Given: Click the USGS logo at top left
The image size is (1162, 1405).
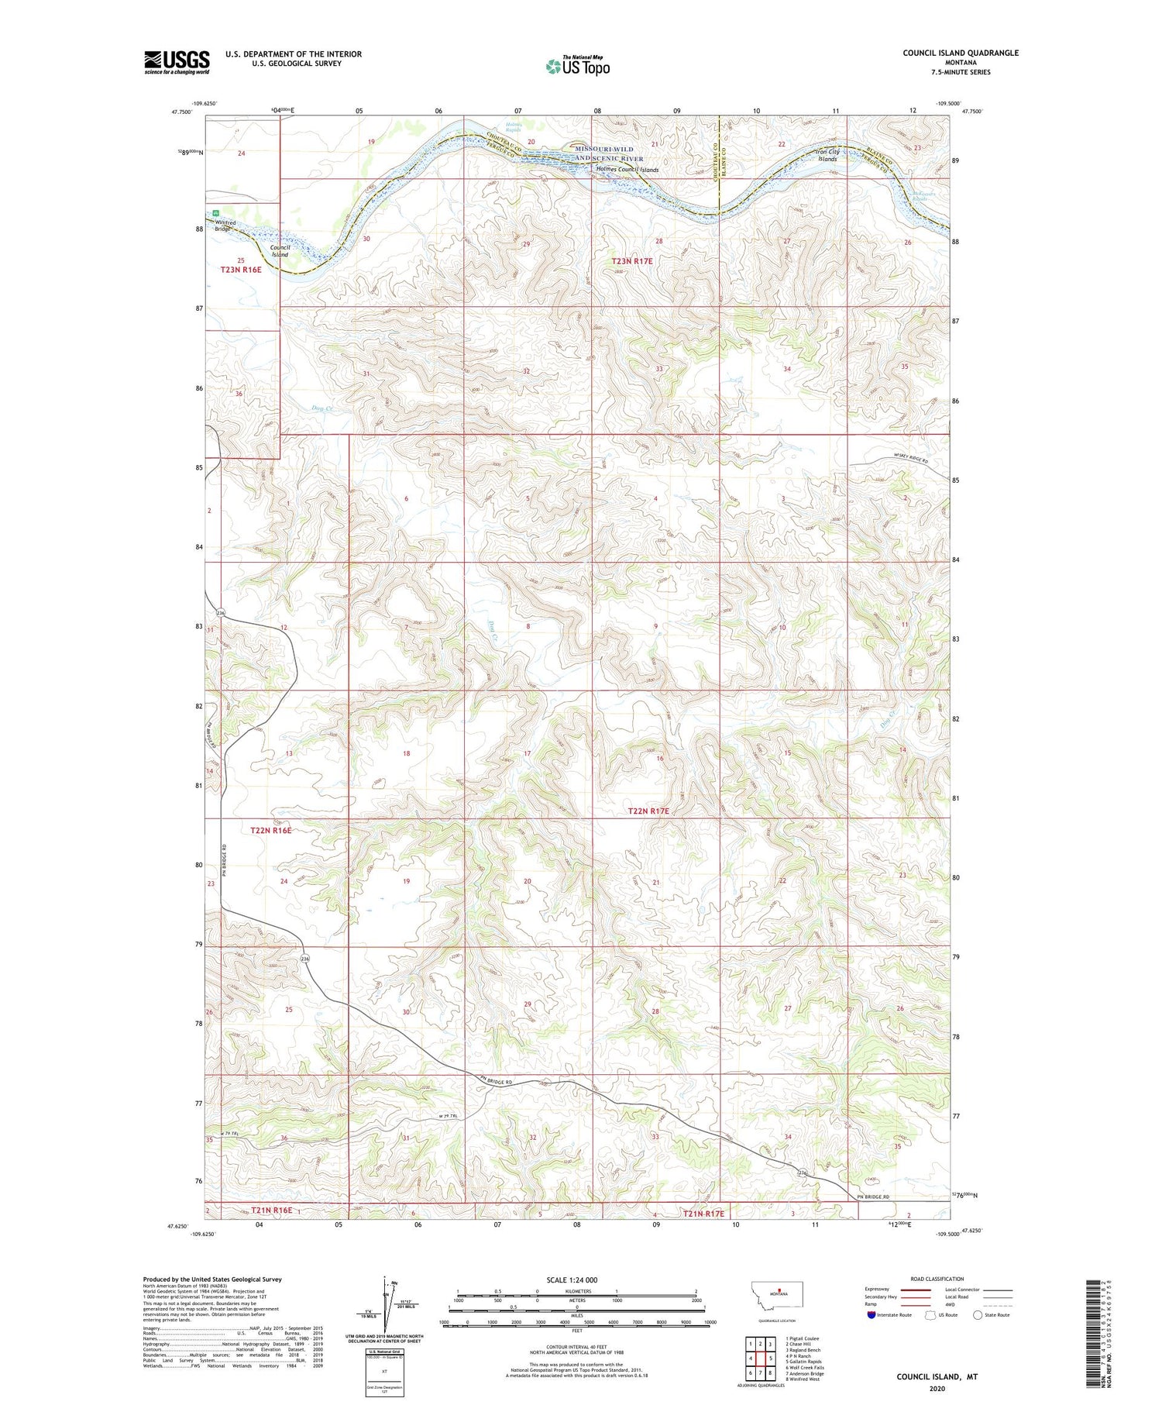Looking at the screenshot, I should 177,62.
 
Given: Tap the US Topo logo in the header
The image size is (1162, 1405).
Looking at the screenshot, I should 578,67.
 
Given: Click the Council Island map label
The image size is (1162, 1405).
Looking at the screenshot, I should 280,251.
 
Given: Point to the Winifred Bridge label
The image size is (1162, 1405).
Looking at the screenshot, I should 224,226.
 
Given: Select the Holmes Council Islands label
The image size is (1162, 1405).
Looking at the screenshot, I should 627,170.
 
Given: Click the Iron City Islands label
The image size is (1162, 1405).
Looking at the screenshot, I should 827,155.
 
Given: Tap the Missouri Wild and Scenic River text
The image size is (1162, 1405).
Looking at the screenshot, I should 609,153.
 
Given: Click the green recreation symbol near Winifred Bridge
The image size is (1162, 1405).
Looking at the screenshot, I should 217,214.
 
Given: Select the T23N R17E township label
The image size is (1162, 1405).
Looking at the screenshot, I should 632,262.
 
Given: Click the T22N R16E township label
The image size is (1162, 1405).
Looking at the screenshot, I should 271,830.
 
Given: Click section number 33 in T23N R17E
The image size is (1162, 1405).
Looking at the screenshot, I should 659,369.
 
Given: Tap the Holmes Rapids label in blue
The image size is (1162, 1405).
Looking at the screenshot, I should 514,125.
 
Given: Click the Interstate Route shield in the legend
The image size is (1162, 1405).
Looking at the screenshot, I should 872,1315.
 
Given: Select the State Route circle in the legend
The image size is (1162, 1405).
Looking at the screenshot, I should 978,1315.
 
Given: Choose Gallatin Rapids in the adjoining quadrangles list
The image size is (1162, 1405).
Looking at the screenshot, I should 803,1361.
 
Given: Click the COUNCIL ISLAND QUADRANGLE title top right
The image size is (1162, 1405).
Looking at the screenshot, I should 960,53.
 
